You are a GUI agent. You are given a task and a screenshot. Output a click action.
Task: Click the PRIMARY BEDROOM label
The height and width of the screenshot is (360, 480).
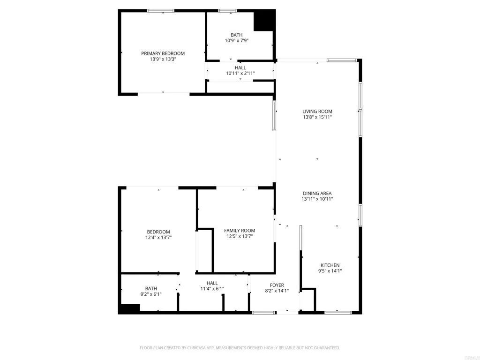(x=163, y=53)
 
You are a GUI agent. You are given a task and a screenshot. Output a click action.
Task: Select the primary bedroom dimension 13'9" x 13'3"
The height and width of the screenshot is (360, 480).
(x=163, y=60)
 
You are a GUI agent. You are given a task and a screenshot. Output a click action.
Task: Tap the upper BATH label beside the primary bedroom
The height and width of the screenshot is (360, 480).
(x=236, y=35)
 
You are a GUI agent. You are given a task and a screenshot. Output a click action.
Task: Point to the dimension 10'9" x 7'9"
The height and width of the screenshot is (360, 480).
(x=236, y=41)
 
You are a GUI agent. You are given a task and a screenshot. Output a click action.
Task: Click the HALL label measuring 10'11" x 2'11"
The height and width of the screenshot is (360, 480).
(x=240, y=67)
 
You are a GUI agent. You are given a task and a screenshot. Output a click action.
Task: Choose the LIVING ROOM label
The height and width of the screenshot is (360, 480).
(x=317, y=112)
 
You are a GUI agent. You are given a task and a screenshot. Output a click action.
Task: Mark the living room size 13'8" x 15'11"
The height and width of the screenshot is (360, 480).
(x=317, y=118)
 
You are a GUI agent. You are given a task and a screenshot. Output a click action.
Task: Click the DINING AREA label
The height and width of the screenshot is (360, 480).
(x=317, y=193)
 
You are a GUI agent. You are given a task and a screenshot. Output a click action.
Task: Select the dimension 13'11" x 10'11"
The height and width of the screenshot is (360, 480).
(x=317, y=199)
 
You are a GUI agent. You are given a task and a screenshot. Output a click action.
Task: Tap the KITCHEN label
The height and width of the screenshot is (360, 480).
(x=330, y=265)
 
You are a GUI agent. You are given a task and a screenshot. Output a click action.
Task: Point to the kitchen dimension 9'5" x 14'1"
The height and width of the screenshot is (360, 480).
(x=330, y=271)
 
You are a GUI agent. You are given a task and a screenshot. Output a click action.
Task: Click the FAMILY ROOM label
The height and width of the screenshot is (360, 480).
(x=240, y=230)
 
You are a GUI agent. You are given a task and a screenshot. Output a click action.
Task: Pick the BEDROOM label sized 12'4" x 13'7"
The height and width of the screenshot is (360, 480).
(x=158, y=232)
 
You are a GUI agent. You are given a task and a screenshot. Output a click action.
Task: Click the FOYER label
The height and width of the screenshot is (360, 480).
(x=277, y=285)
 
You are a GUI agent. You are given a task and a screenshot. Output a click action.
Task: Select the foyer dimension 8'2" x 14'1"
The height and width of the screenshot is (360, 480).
(x=277, y=291)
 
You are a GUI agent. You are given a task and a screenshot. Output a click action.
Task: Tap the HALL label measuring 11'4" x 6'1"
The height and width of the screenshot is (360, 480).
(x=212, y=283)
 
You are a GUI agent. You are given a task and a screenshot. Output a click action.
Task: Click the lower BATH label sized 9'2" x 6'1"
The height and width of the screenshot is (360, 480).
(x=151, y=288)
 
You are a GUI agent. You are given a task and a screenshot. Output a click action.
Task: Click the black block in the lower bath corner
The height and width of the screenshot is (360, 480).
(x=129, y=308)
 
